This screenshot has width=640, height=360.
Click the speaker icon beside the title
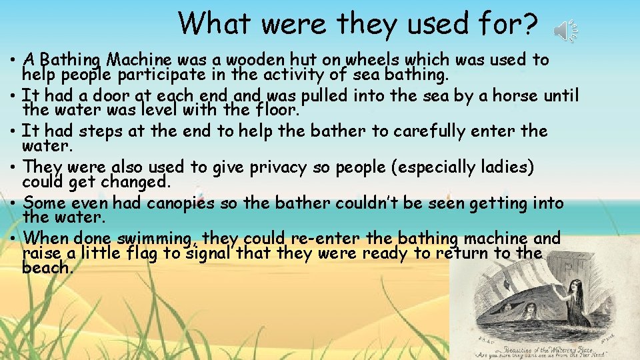566,31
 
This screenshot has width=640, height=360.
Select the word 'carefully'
441,131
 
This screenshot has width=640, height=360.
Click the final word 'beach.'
47,267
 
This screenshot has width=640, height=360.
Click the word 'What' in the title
216,24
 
